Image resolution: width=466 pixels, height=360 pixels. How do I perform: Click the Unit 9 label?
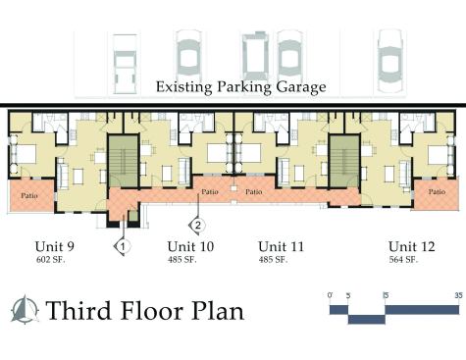[55, 246]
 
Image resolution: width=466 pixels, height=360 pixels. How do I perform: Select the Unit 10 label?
[190, 246]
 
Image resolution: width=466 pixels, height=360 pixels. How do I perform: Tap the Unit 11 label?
[281, 246]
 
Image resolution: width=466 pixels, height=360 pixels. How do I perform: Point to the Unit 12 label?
[412, 246]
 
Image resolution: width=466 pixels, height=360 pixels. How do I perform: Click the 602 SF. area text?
[51, 260]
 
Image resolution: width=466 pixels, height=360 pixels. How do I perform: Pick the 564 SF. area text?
[403, 260]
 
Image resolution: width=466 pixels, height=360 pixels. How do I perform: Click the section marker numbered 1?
[123, 246]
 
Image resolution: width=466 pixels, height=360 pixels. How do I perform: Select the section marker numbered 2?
[197, 226]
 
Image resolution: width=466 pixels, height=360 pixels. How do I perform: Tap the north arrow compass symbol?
[25, 309]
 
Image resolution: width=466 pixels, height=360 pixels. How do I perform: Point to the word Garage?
[301, 87]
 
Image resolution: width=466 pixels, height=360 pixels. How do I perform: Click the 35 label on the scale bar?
[459, 295]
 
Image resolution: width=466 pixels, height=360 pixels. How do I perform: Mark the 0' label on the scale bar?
[330, 295]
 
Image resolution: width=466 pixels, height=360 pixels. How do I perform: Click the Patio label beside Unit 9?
[29, 196]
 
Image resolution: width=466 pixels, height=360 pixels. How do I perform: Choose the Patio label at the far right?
[437, 191]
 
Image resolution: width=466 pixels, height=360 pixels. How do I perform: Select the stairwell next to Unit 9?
[123, 161]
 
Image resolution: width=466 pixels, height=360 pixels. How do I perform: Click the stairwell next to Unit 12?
[344, 161]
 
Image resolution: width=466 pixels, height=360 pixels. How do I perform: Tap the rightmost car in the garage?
[390, 61]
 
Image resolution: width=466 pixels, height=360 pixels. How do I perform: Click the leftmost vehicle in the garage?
[125, 64]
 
